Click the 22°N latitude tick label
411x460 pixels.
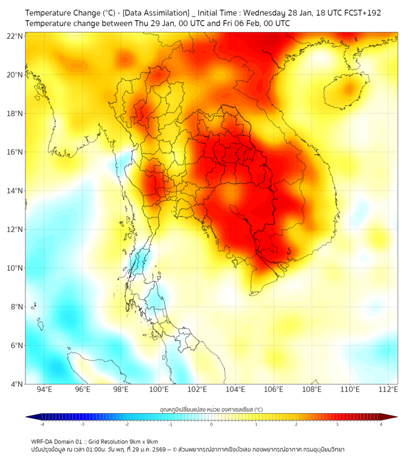point(15,36)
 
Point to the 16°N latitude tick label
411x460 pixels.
point(15,152)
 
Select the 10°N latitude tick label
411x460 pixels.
point(15,268)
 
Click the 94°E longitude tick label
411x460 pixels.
point(44,389)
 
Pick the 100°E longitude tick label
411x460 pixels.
point(159,389)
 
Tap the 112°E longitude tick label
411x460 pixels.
point(389,389)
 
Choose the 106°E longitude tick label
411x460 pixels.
point(274,389)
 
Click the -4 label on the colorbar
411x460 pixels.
point(41,424)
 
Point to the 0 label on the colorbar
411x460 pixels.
point(212,424)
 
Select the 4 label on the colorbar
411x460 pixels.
point(381,424)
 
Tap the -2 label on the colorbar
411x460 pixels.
point(126,424)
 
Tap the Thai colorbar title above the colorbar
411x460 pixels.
point(211,409)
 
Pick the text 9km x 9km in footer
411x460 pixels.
point(141,441)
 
